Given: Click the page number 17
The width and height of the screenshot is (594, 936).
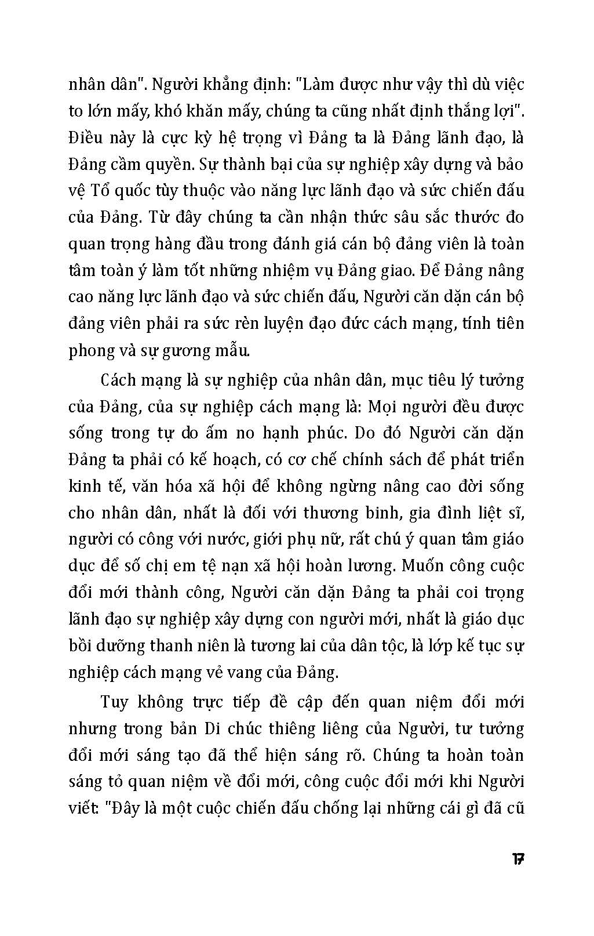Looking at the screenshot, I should click(518, 859).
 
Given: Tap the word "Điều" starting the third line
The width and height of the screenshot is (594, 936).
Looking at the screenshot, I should click(85, 138).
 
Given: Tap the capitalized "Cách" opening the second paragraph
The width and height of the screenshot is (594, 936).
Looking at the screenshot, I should click(119, 380).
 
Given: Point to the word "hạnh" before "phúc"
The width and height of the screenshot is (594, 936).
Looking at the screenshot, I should click(319, 433).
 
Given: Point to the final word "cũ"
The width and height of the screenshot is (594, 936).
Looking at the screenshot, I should click(515, 808).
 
